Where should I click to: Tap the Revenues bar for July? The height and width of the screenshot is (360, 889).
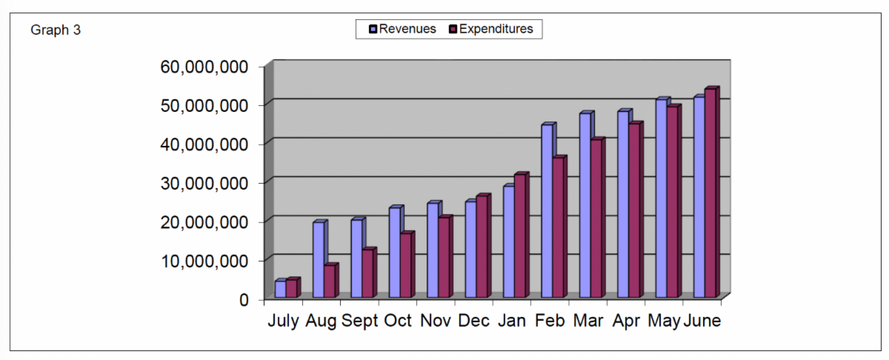click(x=280, y=289)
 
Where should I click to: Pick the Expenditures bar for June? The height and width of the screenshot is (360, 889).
click(x=710, y=194)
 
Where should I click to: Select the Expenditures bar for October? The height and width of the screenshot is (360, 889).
click(x=406, y=266)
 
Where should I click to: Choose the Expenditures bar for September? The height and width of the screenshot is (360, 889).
click(x=367, y=274)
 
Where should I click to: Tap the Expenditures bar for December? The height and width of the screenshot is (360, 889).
click(x=482, y=247)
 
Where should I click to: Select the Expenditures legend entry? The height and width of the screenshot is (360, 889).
click(x=490, y=29)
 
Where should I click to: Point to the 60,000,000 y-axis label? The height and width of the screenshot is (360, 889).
click(x=204, y=67)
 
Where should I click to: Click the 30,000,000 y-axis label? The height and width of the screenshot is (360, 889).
click(x=204, y=183)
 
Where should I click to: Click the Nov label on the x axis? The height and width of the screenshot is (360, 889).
click(x=436, y=321)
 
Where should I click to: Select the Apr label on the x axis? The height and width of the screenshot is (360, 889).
click(x=627, y=321)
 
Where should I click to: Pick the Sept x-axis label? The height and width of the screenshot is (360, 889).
click(x=359, y=321)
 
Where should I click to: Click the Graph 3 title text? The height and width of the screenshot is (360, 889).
click(x=56, y=30)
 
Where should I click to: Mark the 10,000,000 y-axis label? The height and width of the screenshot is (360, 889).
click(x=204, y=261)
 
